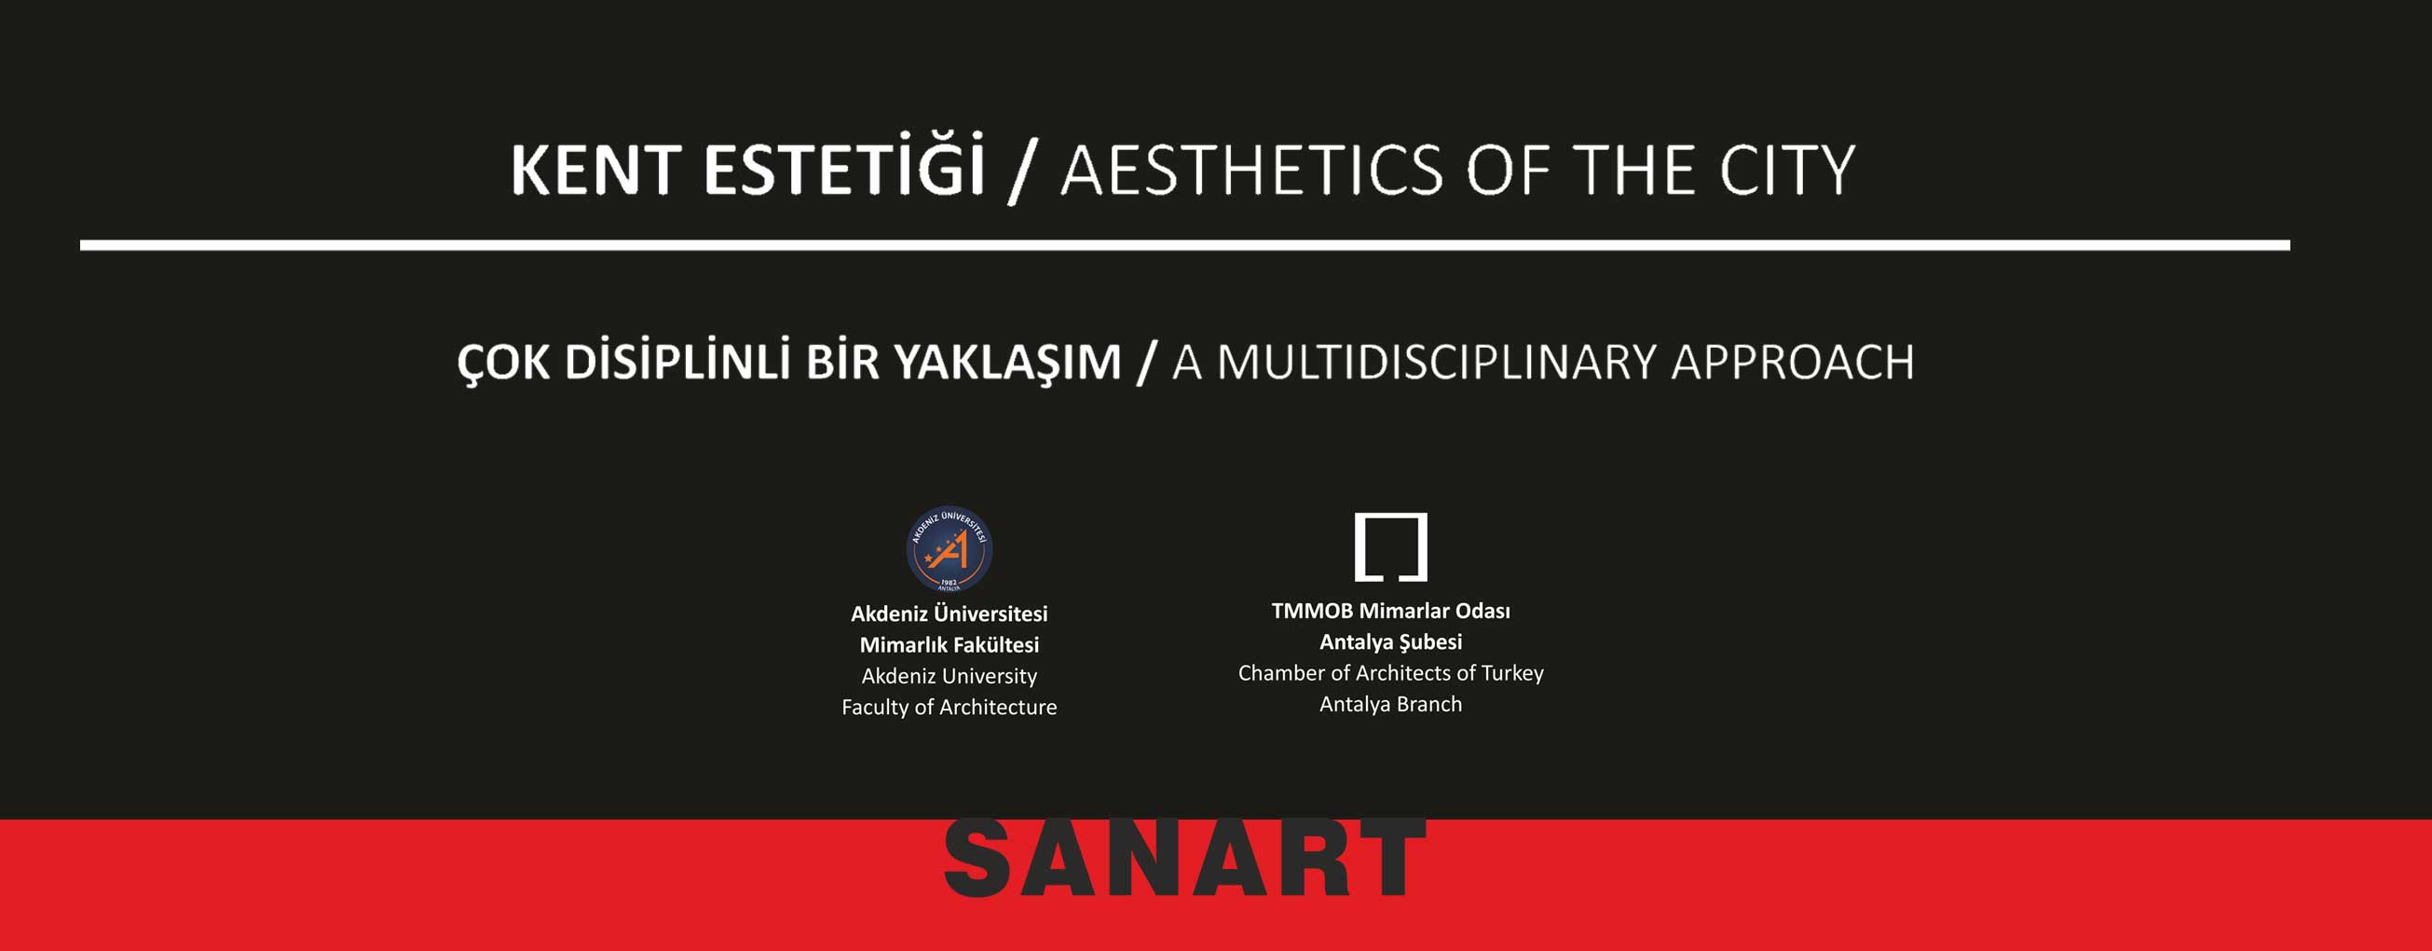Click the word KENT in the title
pos(595,170)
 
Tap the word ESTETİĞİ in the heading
pos(845,164)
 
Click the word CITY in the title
pos(1787,170)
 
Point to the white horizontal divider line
pos(1185,245)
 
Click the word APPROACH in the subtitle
pos(1793,362)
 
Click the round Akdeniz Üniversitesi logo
pos(949,549)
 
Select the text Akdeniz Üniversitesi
pos(949,613)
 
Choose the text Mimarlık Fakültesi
pos(949,645)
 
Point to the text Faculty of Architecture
pos(949,708)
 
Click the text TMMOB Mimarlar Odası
pos(1390,611)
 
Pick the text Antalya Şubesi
pos(1390,643)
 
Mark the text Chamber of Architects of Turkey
pos(1390,673)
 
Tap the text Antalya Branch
pos(1390,705)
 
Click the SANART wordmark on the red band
pos(1185,858)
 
